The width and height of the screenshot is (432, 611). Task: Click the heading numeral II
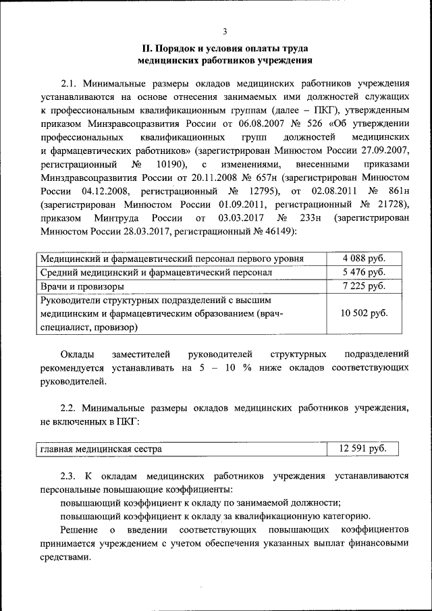[145, 48]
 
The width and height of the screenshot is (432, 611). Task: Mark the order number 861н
[400, 191]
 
